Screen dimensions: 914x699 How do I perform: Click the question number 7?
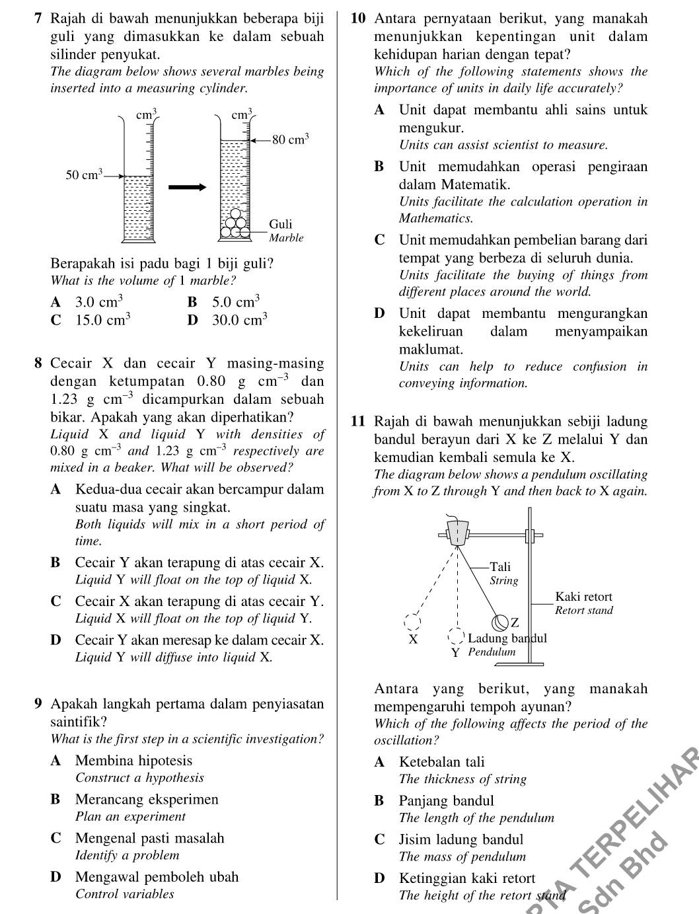[39, 19]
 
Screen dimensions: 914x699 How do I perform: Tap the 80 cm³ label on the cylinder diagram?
[290, 139]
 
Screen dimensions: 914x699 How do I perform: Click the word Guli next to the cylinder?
[280, 224]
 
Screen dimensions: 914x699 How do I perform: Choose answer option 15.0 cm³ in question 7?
[102, 321]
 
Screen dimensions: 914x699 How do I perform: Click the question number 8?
[39, 363]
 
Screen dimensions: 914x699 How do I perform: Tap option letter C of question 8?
[56, 602]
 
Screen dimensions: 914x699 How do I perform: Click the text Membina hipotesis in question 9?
[133, 761]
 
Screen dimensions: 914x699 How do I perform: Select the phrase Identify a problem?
[128, 855]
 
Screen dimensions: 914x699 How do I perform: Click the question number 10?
[357, 19]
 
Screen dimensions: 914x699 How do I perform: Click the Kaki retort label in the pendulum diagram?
[583, 597]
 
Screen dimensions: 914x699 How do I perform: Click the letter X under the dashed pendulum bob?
[413, 640]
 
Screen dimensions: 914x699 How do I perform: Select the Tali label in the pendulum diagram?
[500, 566]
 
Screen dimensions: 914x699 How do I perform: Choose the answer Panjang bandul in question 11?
[447, 801]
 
